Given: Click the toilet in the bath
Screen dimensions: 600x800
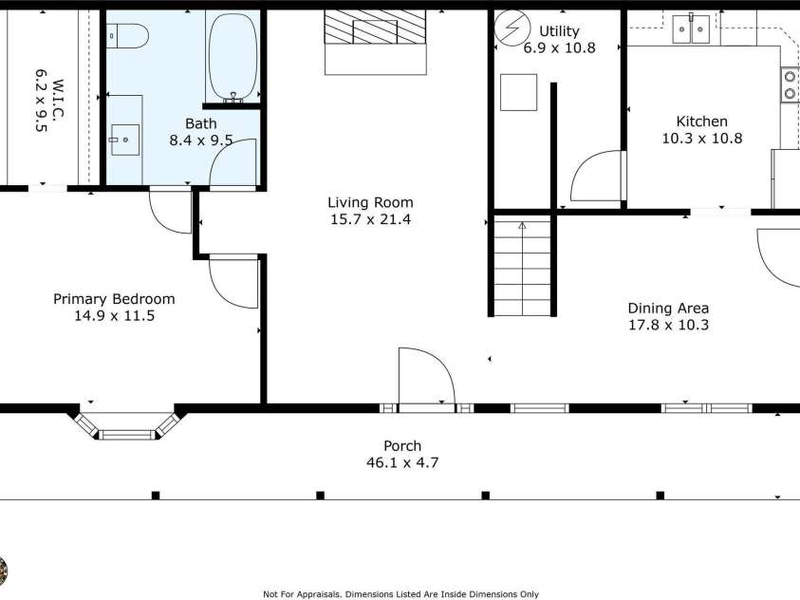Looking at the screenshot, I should pyautogui.click(x=128, y=36).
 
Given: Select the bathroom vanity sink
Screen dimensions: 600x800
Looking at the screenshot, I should pyautogui.click(x=123, y=140).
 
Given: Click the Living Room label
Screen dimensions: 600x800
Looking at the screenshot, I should pyautogui.click(x=370, y=202).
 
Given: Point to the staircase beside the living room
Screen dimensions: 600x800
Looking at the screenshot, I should pyautogui.click(x=522, y=266).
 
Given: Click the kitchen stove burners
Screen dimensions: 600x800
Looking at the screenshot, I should pyautogui.click(x=789, y=85).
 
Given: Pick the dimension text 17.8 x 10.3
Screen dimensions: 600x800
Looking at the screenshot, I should pyautogui.click(x=668, y=325).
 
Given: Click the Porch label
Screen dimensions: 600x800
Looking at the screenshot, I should pyautogui.click(x=402, y=446).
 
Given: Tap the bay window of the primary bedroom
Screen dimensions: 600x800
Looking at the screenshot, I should pyautogui.click(x=126, y=427).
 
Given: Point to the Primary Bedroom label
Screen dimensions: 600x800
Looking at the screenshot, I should pyautogui.click(x=114, y=298).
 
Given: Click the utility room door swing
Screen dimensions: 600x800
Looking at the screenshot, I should pyautogui.click(x=595, y=180).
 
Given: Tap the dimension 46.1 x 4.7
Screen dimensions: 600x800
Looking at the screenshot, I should pyautogui.click(x=402, y=463).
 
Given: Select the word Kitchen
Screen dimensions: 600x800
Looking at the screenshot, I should pyautogui.click(x=701, y=122).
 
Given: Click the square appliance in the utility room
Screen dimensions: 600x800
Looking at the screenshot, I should pyautogui.click(x=518, y=92).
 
